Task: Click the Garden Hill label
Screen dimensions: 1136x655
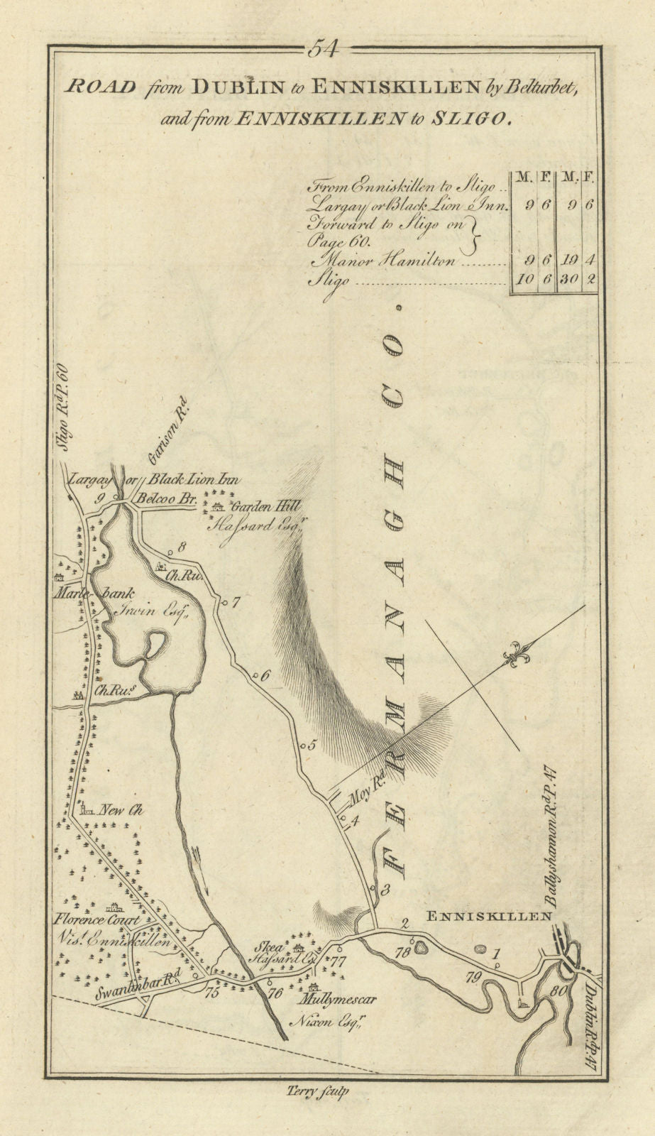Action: (264, 507)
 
